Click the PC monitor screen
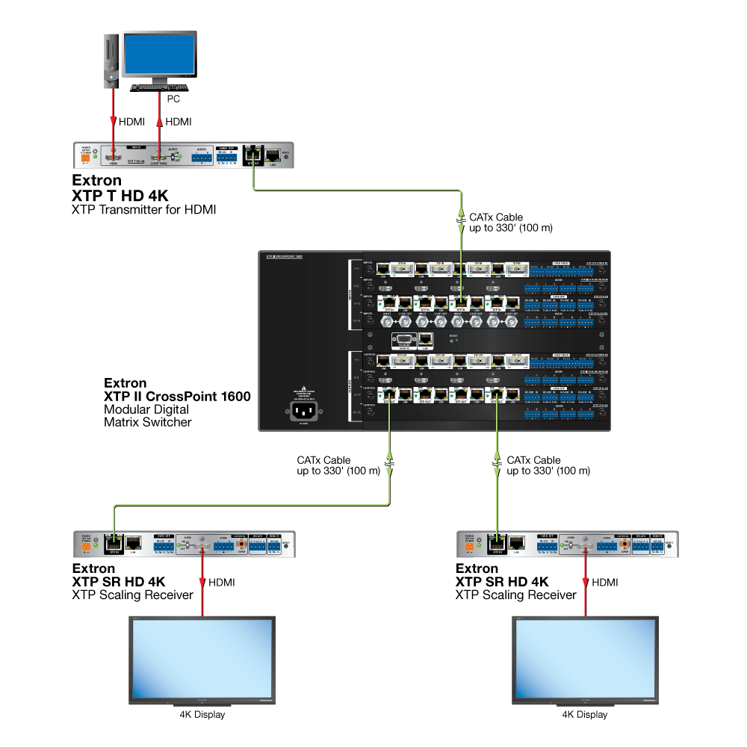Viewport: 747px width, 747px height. point(160,55)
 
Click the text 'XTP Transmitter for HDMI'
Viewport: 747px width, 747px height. point(143,210)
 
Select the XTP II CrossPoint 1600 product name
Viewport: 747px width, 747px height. point(177,396)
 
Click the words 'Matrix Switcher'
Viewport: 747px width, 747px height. point(147,422)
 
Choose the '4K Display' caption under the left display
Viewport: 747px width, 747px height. point(202,715)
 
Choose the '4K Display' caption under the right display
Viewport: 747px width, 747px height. point(585,715)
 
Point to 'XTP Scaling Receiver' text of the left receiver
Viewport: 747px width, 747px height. point(132,595)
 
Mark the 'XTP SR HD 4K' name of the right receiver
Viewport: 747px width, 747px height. point(502,582)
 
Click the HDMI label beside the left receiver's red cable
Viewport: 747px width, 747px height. point(222,582)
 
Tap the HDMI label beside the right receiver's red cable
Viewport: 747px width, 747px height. point(605,582)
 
